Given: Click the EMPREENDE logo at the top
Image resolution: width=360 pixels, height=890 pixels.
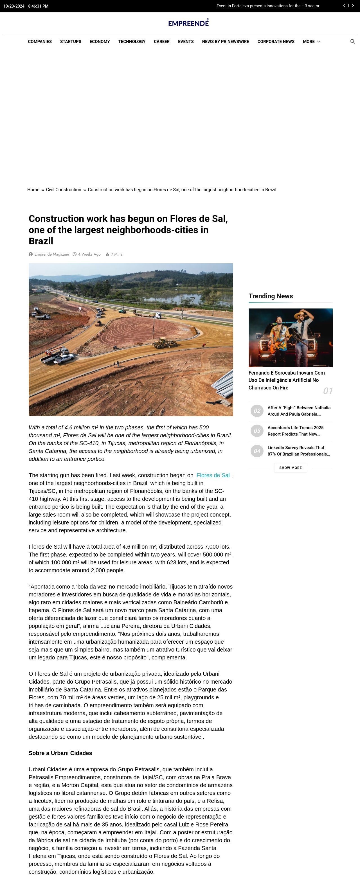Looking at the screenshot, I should pos(188,23).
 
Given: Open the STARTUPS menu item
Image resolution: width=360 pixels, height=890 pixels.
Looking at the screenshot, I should pos(71,41).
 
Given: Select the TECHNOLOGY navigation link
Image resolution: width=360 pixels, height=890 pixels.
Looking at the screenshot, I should pos(132,41).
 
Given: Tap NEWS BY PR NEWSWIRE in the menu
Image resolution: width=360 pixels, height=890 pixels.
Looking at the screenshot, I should pos(225,41).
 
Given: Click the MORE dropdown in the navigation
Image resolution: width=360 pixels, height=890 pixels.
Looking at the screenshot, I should pos(311,41).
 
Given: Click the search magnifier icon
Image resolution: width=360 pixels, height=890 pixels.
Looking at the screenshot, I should pos(352,41).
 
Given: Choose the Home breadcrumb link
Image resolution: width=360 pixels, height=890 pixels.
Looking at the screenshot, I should pos(33,190).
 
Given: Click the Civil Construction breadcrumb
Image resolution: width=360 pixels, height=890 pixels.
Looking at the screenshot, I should pos(64,190).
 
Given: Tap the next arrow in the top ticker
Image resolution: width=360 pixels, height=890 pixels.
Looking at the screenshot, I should pos(353,6).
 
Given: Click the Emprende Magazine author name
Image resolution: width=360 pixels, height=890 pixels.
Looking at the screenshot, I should pos(51,254).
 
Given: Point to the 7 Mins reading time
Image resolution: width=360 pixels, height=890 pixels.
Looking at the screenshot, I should pos(116,254).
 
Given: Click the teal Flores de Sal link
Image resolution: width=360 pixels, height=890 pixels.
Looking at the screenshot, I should pos(213,476).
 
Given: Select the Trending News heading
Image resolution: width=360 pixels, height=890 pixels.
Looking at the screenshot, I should pos(271,296).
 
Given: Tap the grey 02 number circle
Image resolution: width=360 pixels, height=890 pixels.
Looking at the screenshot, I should pos(257,411).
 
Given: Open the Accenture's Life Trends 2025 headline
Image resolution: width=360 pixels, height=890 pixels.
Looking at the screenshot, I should pos(295,431).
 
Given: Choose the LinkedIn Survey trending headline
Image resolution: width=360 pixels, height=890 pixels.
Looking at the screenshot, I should pos(298,451).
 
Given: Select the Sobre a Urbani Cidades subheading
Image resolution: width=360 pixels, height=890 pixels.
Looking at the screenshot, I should pos(60,753).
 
